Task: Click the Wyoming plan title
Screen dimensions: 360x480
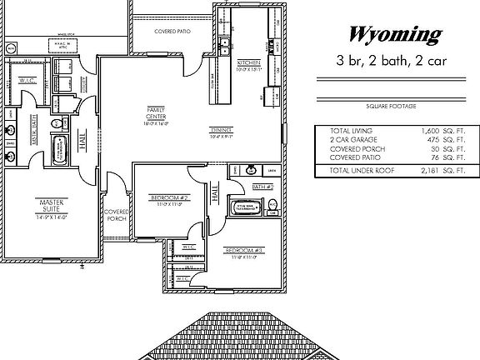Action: (392, 34)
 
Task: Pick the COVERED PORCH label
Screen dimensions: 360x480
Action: (115, 215)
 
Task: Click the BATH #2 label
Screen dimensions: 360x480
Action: (264, 188)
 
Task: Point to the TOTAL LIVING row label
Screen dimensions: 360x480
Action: (351, 132)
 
